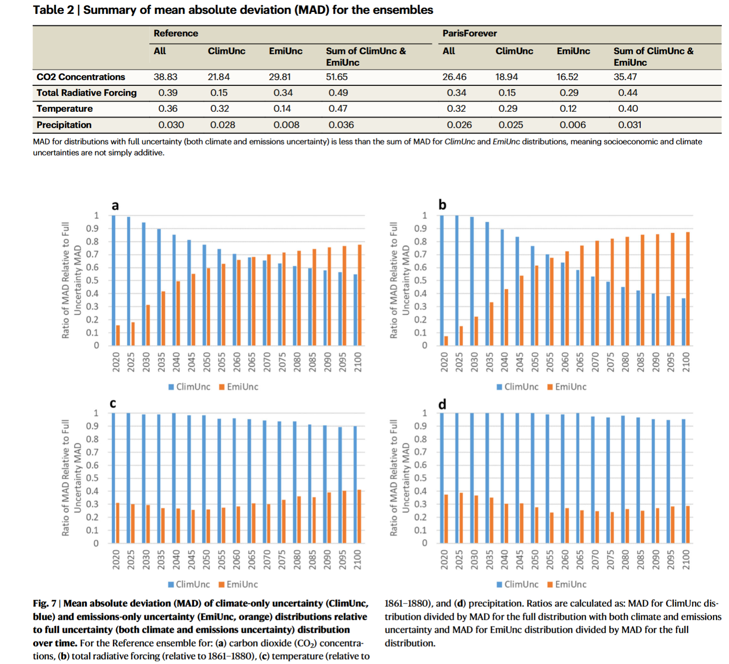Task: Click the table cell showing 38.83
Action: (x=166, y=77)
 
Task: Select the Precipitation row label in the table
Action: (x=64, y=125)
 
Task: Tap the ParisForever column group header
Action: (x=469, y=34)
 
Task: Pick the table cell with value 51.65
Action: (x=336, y=77)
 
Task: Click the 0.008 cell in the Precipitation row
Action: (x=287, y=125)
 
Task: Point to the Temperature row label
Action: (x=65, y=109)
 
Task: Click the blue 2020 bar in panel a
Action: (x=113, y=281)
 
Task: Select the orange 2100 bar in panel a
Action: (x=359, y=295)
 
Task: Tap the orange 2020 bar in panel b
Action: (x=446, y=341)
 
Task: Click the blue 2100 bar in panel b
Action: (x=683, y=322)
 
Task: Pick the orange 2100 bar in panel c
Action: (x=359, y=516)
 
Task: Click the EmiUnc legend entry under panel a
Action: (x=239, y=387)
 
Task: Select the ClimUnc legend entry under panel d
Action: (x=518, y=584)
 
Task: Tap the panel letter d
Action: (x=442, y=404)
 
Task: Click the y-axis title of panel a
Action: (x=71, y=280)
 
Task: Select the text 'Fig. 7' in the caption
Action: (x=44, y=604)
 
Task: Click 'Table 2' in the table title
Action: (x=53, y=10)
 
